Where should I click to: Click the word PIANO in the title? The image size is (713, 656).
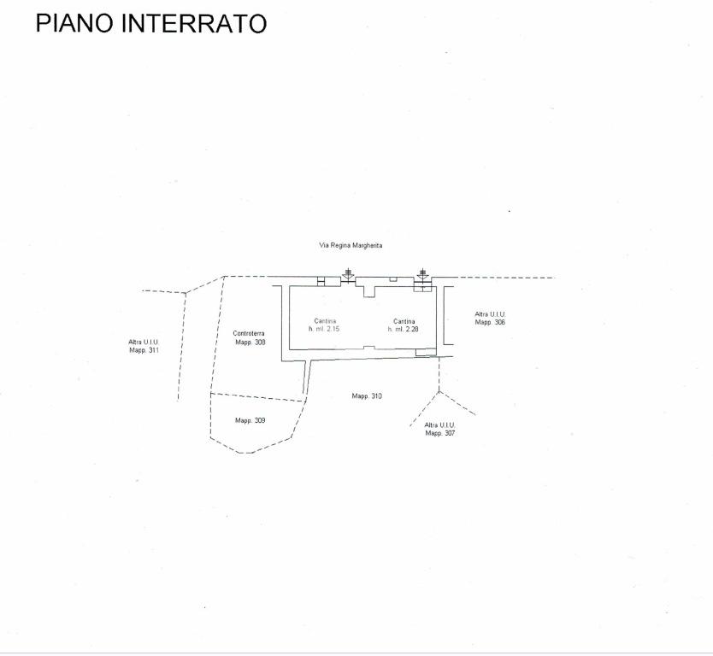(x=74, y=23)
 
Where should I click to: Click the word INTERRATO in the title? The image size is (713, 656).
(x=194, y=23)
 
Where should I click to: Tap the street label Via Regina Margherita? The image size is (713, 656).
(x=351, y=245)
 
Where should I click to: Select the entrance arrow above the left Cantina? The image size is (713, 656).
(x=348, y=275)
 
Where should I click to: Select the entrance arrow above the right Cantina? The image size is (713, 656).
(x=423, y=275)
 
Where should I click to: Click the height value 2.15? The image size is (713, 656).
(x=333, y=329)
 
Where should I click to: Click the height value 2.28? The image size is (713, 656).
(x=412, y=329)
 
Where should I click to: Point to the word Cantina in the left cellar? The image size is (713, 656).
(x=325, y=321)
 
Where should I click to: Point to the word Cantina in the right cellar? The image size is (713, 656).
(x=404, y=321)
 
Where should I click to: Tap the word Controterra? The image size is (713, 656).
(x=249, y=333)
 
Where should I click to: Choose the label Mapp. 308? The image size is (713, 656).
(x=250, y=342)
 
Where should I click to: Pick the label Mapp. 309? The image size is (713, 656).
(x=250, y=420)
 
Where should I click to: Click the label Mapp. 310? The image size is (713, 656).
(x=367, y=396)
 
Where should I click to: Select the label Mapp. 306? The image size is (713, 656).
(x=490, y=322)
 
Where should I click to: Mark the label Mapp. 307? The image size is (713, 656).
(x=440, y=433)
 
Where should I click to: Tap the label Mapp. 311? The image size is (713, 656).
(x=144, y=350)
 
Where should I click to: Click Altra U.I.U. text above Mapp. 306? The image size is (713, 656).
(x=490, y=314)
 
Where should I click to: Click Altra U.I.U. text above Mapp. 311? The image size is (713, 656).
(x=144, y=342)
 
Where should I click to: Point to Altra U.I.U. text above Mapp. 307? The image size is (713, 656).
(x=439, y=425)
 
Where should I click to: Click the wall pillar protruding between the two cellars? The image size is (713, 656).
(x=368, y=291)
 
